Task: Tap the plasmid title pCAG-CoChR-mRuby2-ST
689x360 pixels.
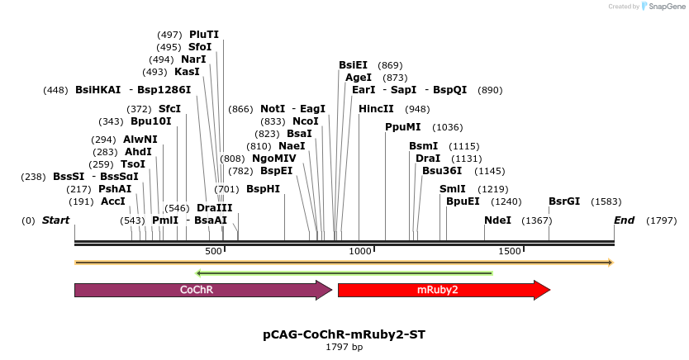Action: click(x=344, y=334)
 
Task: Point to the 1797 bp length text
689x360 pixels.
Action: click(x=344, y=348)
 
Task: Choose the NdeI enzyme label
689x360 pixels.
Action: click(x=497, y=221)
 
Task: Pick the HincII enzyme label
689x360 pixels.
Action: click(x=377, y=109)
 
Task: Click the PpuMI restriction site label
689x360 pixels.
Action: click(x=403, y=127)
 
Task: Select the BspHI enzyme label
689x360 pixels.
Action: click(x=264, y=189)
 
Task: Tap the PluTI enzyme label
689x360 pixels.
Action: click(x=204, y=35)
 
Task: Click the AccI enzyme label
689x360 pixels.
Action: click(x=113, y=201)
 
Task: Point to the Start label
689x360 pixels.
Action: click(x=55, y=221)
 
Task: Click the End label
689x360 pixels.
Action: click(x=625, y=221)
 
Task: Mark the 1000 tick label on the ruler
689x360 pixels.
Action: click(x=360, y=251)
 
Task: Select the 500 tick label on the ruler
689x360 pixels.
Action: click(x=213, y=251)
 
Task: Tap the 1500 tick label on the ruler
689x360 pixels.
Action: click(x=509, y=251)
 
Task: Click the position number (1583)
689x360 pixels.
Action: click(x=606, y=201)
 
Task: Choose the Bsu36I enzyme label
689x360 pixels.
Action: click(x=442, y=171)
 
